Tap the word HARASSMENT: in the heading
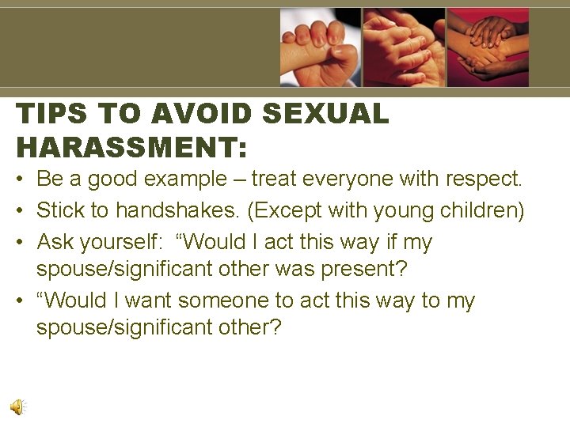[131, 146]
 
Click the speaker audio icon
[17, 406]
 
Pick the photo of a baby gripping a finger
[320, 47]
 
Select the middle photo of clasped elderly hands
[404, 47]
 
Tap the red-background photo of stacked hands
[488, 47]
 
